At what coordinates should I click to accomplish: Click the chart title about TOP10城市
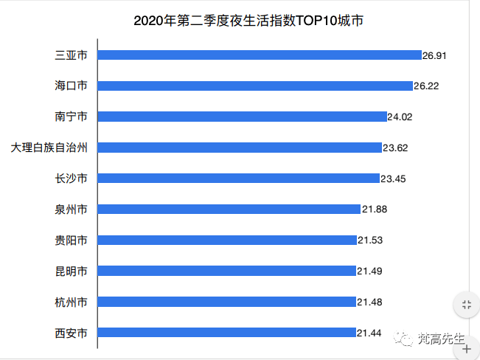pos(248,21)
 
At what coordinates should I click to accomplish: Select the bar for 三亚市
pos(259,55)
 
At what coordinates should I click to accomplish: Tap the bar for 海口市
pos(255,86)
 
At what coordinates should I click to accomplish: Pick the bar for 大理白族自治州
pos(240,148)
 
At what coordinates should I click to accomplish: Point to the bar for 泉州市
pos(229,210)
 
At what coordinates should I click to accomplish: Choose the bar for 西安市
pos(226,333)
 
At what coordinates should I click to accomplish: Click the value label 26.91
pos(435,55)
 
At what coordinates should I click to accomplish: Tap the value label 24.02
pos(401,117)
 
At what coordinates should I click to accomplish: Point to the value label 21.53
pos(370,240)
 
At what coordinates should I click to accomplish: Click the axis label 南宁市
pos(72,117)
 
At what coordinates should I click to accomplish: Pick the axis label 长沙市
pos(72,179)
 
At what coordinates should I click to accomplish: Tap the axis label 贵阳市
pos(72,240)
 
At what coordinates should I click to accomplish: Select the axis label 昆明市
pos(72,271)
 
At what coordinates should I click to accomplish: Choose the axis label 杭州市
pos(72,302)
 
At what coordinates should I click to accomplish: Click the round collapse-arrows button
pos(466,305)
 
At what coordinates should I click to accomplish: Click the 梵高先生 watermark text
pos(440,339)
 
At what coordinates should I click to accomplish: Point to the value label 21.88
pos(374,210)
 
